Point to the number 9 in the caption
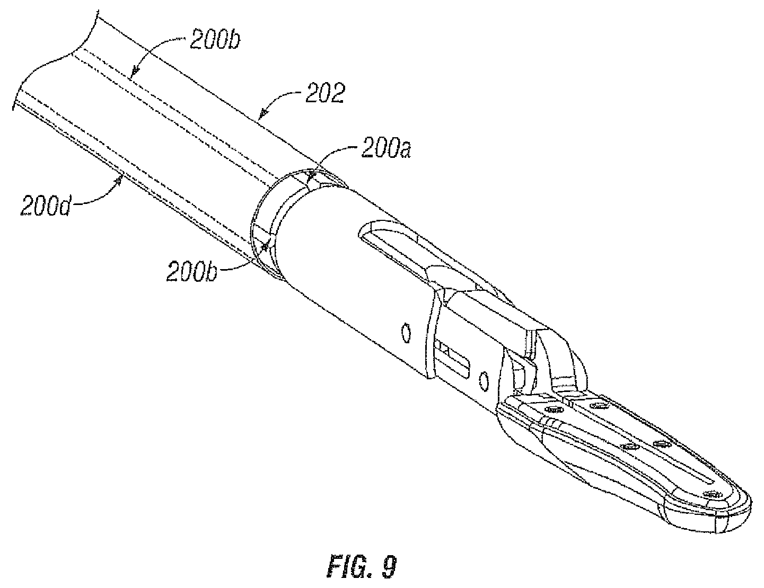point(390,567)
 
